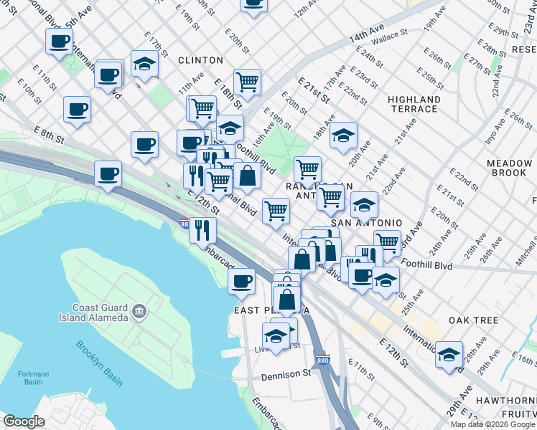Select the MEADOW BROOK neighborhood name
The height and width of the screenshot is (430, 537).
509,168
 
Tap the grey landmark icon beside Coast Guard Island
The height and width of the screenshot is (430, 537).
139,311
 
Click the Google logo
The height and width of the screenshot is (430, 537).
24,421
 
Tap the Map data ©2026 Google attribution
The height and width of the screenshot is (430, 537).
492,424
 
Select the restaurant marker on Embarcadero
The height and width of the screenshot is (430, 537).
202,229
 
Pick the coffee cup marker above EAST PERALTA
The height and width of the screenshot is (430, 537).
242,280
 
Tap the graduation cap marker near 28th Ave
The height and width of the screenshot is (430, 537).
449,353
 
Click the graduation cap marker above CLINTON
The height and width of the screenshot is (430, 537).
145,64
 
